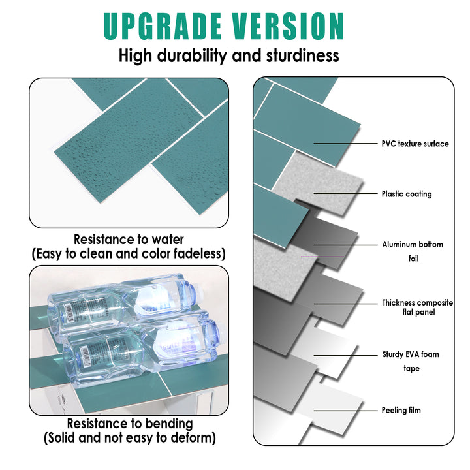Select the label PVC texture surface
point(415,144)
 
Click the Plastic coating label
point(407,194)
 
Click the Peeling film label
point(401,411)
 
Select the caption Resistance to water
point(129,240)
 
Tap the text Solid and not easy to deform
point(129,438)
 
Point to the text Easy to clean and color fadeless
point(129,253)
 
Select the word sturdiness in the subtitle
point(302,55)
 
